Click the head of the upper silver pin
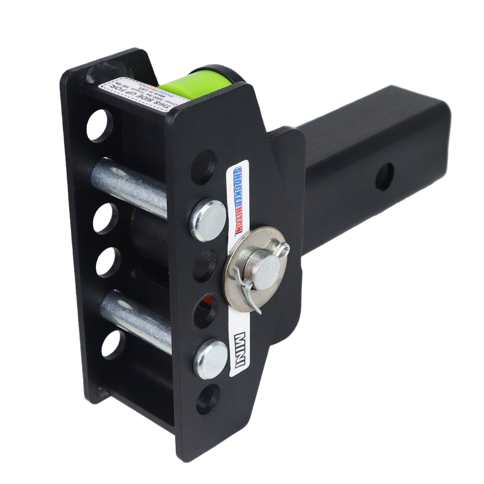(x=208, y=220)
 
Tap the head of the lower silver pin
(x=211, y=359)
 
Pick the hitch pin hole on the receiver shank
(x=384, y=177)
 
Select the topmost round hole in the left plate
(x=99, y=125)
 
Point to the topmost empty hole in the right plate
(x=204, y=166)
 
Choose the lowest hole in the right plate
(x=208, y=399)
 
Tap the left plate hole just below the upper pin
(x=105, y=218)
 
